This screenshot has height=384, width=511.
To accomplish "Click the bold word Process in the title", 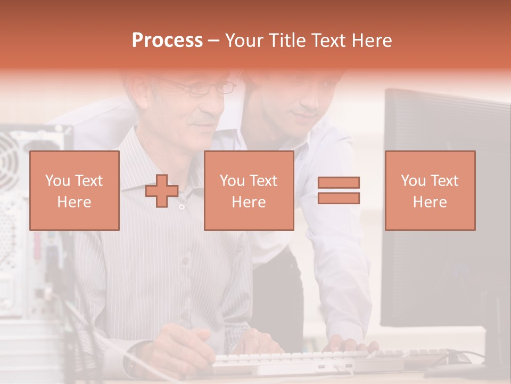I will tap(167, 41).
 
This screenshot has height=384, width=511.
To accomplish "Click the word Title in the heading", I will tap(286, 41).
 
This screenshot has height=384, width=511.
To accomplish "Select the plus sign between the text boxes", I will tap(162, 191).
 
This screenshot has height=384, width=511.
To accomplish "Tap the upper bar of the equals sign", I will tap(339, 183).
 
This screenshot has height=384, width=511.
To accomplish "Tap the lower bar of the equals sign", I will tap(339, 198).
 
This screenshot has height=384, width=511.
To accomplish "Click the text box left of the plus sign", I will tap(74, 190).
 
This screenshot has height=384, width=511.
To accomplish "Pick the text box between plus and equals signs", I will tap(249, 190).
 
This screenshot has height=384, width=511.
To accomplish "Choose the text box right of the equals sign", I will tap(430, 190).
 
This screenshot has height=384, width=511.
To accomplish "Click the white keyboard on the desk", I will tap(298, 360).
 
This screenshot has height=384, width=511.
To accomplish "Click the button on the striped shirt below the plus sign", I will tap(182, 207).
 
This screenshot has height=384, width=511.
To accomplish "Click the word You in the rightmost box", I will tap(413, 181).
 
